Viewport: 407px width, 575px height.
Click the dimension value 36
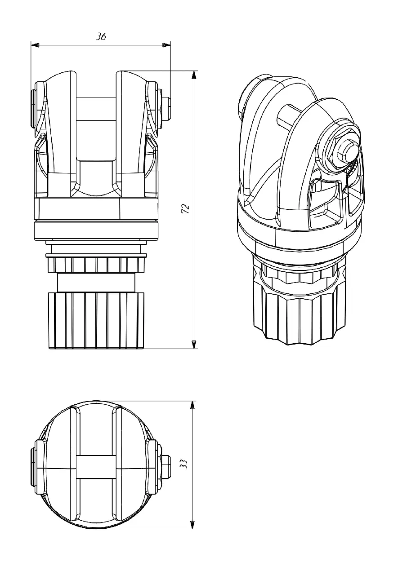coord(101,37)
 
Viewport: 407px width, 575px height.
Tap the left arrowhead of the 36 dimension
coord(35,45)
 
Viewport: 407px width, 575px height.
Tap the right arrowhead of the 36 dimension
coord(166,45)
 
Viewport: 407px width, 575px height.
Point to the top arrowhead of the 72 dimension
coord(194,75)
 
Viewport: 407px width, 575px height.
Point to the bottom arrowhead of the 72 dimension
coord(194,345)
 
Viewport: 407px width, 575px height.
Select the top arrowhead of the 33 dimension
coord(192,405)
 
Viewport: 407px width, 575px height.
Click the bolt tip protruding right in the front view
coord(166,109)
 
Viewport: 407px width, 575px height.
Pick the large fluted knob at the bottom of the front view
coord(96,320)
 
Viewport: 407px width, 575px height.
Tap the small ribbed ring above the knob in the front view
coord(96,265)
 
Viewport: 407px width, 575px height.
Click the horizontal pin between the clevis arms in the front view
coord(96,109)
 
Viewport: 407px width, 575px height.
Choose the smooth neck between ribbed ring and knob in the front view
coord(96,283)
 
